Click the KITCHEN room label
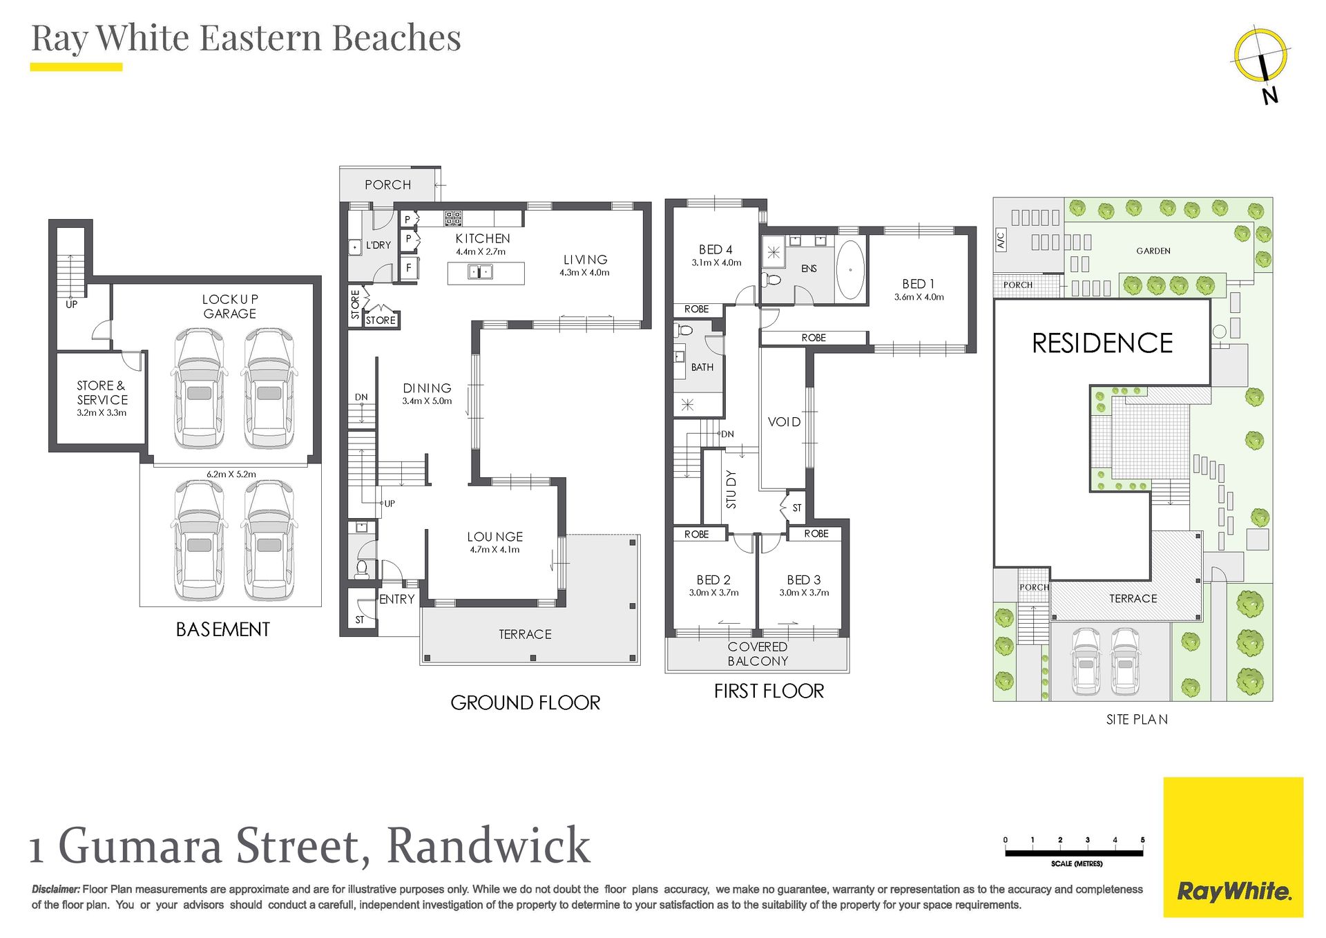(483, 238)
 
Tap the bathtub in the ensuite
(850, 269)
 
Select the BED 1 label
(919, 284)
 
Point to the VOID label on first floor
(785, 422)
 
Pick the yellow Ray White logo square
(1233, 848)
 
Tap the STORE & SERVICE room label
(102, 392)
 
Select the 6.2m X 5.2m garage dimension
(231, 475)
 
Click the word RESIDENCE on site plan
(1102, 343)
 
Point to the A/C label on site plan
(1001, 240)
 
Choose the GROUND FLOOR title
(526, 703)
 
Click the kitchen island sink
(481, 272)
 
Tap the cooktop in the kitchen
(453, 218)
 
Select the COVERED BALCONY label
(758, 654)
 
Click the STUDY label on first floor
(731, 489)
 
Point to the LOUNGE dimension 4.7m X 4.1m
(494, 550)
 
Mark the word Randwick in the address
(488, 845)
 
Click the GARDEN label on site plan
(1153, 251)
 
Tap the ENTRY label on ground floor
(397, 600)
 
